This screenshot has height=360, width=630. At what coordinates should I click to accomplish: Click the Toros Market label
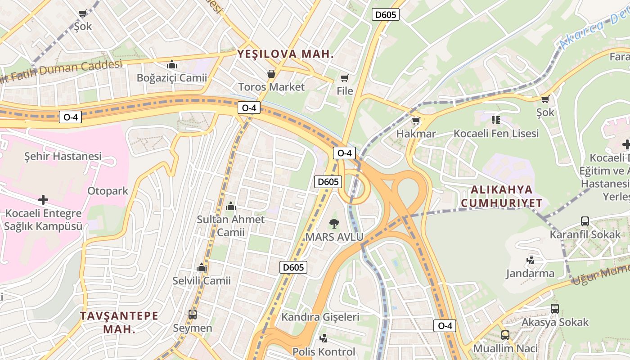[x=271, y=87]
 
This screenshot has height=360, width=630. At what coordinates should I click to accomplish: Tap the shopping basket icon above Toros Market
[x=271, y=73]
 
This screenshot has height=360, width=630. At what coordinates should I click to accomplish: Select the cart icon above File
[x=345, y=78]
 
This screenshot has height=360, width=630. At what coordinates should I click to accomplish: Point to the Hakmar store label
[x=416, y=134]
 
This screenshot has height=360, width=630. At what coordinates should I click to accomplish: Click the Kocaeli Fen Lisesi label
[x=496, y=134]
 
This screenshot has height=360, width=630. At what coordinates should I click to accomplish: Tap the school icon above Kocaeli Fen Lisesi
[x=496, y=120]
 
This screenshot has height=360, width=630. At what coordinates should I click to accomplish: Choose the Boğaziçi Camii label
[x=172, y=78]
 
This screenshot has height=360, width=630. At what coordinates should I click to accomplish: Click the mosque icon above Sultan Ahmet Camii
[x=231, y=206]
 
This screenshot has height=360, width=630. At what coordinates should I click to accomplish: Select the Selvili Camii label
[x=202, y=281]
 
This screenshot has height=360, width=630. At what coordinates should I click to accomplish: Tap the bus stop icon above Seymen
[x=193, y=314]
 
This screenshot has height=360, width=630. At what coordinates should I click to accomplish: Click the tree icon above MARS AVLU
[x=334, y=223]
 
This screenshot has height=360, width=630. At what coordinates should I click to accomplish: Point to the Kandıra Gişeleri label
[x=320, y=317]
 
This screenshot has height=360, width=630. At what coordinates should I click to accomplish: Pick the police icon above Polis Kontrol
[x=323, y=338]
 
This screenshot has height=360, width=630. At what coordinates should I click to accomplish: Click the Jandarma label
[x=530, y=273]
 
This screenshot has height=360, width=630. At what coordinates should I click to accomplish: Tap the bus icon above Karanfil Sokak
[x=585, y=221]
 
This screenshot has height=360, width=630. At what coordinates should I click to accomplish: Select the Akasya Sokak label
[x=555, y=322]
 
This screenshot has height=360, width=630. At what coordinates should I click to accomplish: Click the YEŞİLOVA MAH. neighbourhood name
[x=286, y=54]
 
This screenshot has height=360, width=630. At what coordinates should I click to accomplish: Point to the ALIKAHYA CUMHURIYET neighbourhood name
[x=502, y=196]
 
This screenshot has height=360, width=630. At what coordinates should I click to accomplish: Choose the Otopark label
[x=108, y=191]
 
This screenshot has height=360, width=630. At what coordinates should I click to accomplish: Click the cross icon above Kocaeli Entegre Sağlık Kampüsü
[x=43, y=199]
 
